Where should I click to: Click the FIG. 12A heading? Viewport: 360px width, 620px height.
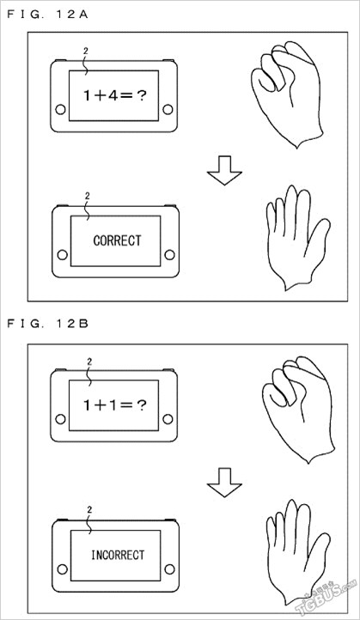coord(47,15)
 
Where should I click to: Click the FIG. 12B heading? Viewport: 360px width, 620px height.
coord(47,324)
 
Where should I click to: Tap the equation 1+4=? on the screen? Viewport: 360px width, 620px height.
coord(115,95)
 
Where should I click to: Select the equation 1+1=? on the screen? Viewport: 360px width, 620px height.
coord(115,405)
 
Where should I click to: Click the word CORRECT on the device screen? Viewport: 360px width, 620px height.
coord(117,240)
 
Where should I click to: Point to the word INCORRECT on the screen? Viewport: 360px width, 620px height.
coord(118,555)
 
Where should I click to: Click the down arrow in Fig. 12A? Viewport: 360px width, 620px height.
coord(224,170)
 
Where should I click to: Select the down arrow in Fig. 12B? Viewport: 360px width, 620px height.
coord(224,483)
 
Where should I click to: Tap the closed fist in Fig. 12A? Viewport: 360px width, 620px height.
coord(288,94)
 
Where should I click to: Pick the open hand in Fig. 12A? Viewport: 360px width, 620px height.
coord(297,237)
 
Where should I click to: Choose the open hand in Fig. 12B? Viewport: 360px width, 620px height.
coord(297,551)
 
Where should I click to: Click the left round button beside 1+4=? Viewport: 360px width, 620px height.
coord(60,109)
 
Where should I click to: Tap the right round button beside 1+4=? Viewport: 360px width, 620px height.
coord(168,109)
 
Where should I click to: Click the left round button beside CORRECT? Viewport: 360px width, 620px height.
coord(62,255)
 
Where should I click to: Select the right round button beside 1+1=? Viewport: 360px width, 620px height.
coord(168,419)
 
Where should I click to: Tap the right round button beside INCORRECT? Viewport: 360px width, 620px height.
coord(170,569)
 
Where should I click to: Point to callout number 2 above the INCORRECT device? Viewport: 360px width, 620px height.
coord(89,510)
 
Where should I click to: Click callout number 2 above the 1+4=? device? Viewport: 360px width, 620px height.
coord(86,51)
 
